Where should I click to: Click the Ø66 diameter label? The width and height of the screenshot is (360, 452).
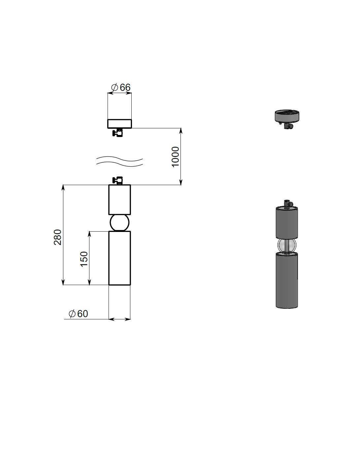click(120, 87)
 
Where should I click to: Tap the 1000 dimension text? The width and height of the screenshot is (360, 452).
click(175, 157)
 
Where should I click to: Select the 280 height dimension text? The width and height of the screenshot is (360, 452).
click(57, 237)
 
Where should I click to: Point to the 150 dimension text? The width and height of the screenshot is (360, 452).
click(84, 259)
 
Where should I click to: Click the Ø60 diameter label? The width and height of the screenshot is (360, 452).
click(78, 314)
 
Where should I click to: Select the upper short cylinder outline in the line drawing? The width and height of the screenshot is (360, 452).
click(119, 200)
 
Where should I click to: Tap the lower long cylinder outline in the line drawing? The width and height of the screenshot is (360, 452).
click(119, 258)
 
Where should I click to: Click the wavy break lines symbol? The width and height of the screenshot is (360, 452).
click(119, 162)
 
